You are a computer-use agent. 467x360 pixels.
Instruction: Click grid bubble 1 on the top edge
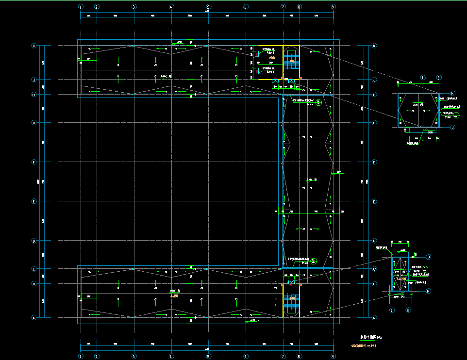81,7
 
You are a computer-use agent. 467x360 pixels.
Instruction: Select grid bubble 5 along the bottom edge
208,356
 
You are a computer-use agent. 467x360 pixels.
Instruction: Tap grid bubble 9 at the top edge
333,7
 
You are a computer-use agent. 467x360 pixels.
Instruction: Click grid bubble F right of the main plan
374,162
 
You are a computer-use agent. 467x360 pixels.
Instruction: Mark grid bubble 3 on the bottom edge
133,356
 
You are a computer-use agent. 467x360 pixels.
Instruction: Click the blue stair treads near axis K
292,61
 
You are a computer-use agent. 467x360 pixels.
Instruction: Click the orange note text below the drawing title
364,345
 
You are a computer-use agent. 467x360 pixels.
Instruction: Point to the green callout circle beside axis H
318,102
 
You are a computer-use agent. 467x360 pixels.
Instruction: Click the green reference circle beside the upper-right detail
457,115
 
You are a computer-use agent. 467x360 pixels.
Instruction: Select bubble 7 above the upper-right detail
423,78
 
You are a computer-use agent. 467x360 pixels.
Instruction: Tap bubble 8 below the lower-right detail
408,310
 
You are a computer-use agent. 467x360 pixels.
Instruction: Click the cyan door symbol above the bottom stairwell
291,282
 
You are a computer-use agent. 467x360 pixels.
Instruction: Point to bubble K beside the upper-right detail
452,94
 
